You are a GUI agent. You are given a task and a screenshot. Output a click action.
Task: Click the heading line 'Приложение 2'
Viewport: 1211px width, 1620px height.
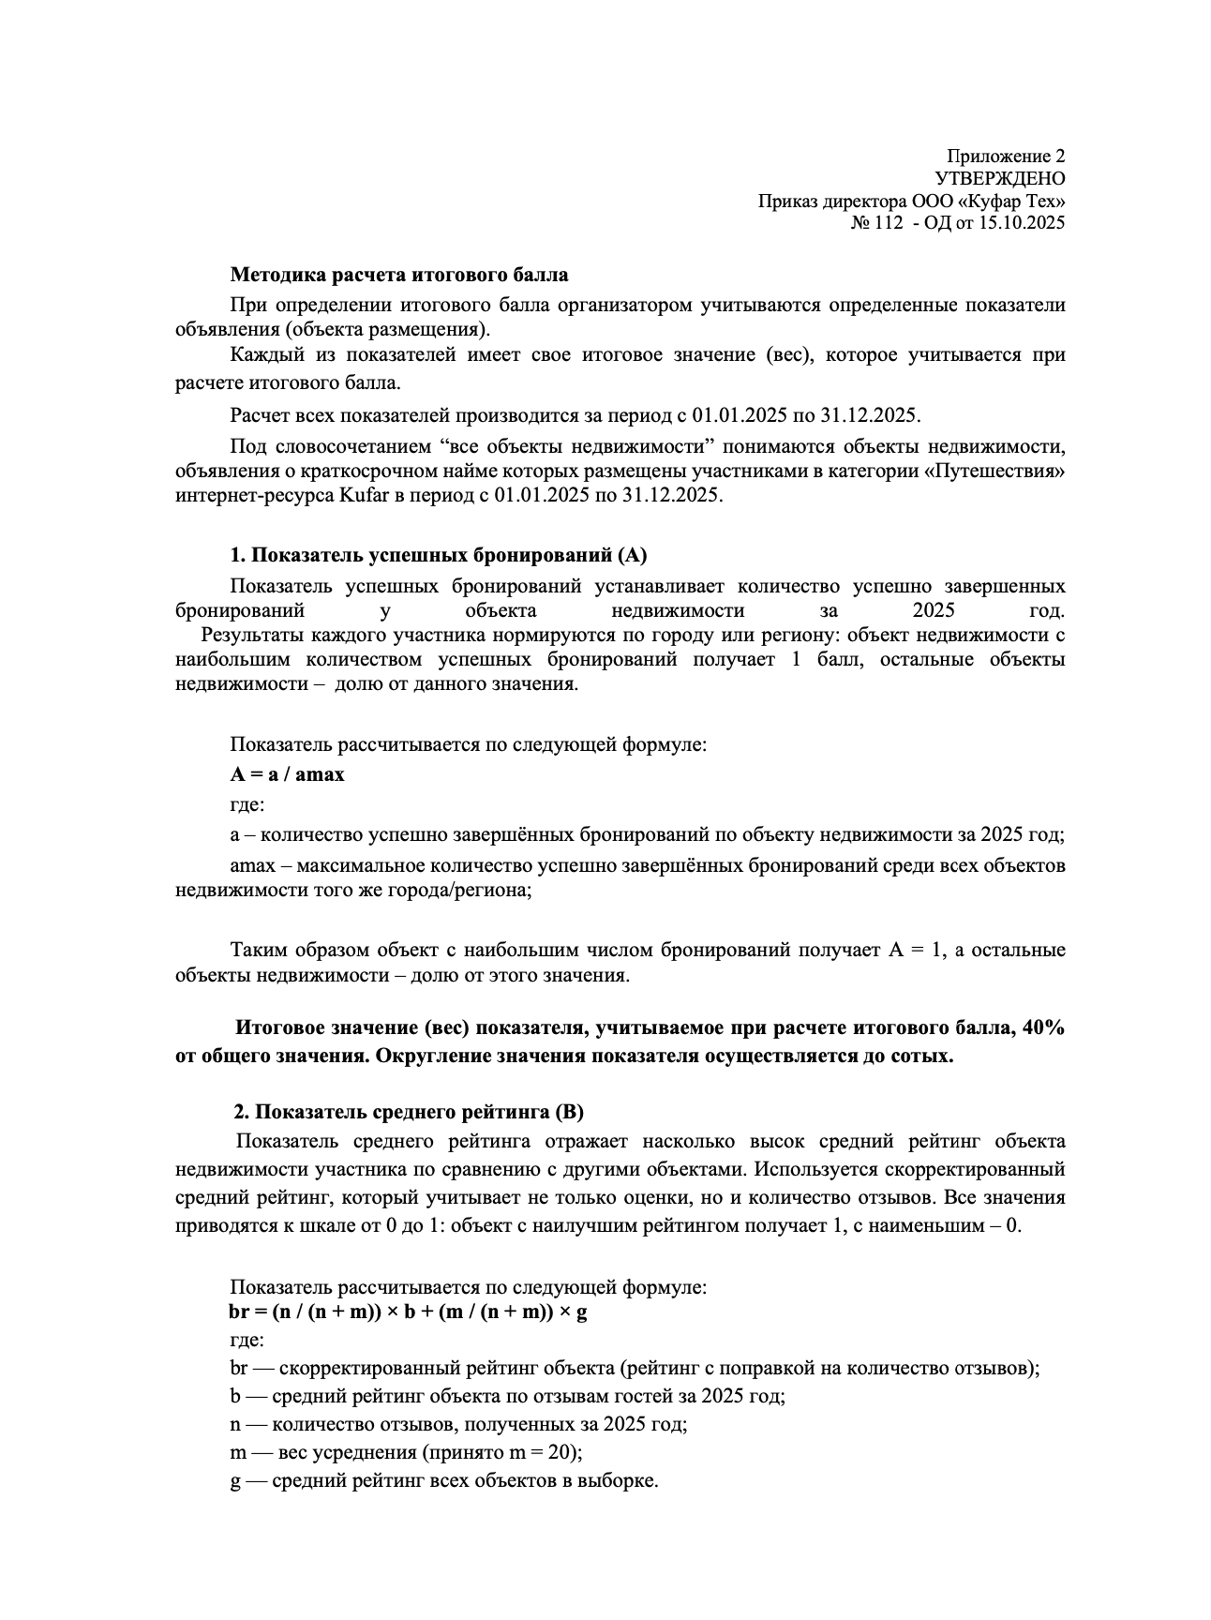(x=1005, y=156)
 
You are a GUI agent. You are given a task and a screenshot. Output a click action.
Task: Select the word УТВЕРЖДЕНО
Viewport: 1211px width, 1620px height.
(x=999, y=178)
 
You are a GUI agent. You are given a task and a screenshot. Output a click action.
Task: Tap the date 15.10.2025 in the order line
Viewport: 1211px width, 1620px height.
(x=1020, y=223)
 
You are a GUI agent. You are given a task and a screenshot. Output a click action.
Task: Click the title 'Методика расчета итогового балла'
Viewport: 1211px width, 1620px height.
(x=399, y=276)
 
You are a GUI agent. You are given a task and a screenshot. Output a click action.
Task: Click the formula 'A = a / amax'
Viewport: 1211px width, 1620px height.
(x=287, y=774)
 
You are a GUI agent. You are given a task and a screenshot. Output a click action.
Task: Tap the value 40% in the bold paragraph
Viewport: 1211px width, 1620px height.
(x=1043, y=1027)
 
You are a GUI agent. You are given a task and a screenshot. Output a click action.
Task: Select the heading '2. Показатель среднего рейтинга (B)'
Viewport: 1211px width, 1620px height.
(x=408, y=1113)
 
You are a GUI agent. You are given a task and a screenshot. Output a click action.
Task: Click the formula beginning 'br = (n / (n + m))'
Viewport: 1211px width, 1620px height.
(x=408, y=1312)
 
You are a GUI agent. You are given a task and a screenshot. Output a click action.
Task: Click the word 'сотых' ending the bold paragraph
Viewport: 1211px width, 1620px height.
(x=924, y=1056)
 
